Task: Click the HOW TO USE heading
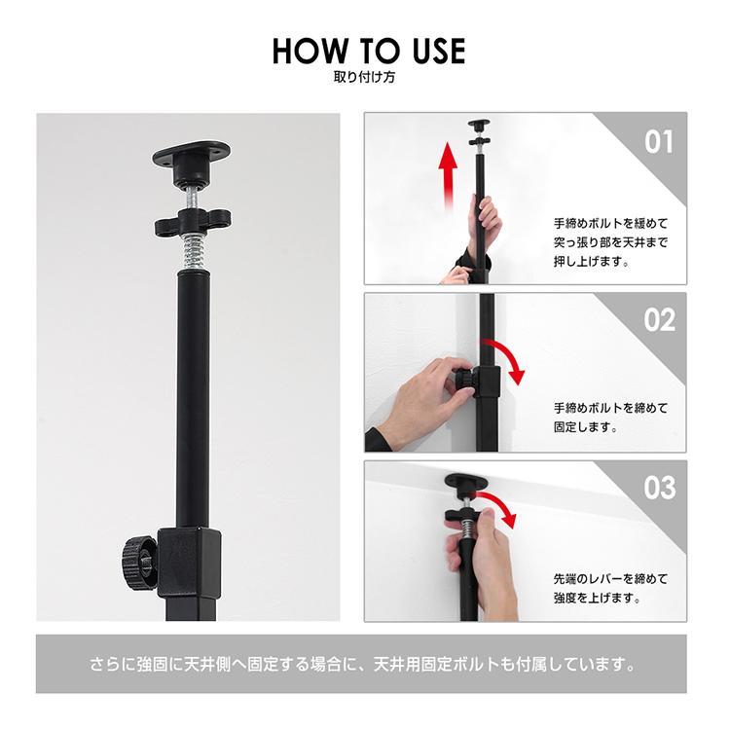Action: click(x=369, y=51)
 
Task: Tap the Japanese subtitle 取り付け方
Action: click(x=365, y=77)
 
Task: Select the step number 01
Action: click(x=659, y=142)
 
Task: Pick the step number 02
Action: click(x=659, y=320)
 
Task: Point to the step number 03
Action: click(x=659, y=488)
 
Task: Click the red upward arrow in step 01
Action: click(x=448, y=174)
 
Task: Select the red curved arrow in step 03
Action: click(x=500, y=503)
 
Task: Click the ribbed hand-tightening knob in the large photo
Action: click(x=138, y=563)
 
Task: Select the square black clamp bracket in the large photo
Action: click(x=189, y=564)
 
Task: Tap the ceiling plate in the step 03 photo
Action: click(x=466, y=481)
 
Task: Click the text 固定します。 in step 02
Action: click(x=586, y=426)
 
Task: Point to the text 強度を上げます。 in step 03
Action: click(x=598, y=598)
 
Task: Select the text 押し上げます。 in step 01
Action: click(x=592, y=261)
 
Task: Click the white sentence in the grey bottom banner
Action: click(x=363, y=664)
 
